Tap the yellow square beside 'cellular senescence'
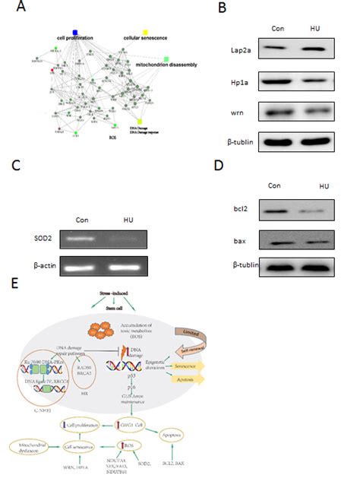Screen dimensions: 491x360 [145, 30]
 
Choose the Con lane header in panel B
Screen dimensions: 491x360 [280, 30]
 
